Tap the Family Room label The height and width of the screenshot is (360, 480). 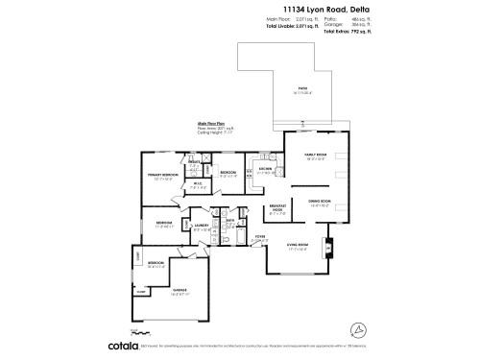click(x=316, y=156)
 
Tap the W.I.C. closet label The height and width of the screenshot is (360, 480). click(x=196, y=185)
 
